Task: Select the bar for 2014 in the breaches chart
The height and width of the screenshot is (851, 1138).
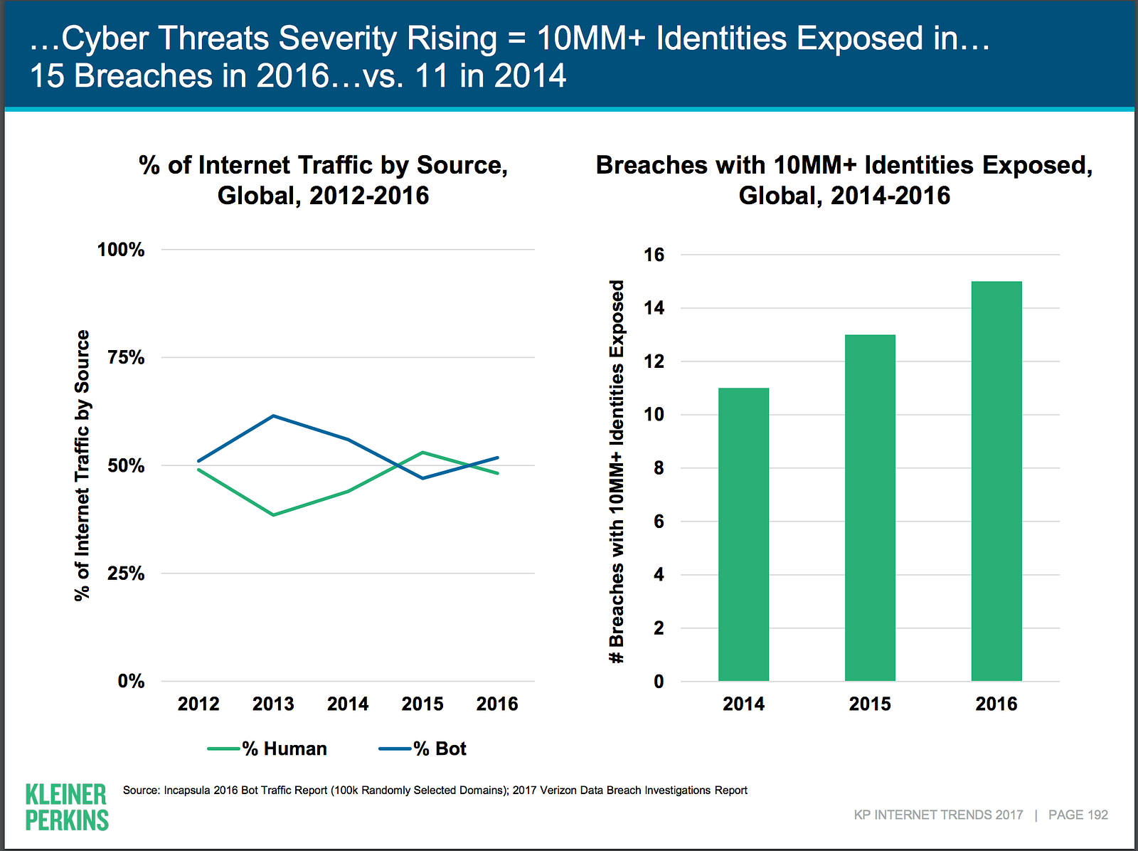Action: [x=743, y=534]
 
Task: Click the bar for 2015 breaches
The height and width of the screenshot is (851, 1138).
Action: [x=870, y=508]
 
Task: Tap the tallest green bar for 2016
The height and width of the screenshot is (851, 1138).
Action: [x=996, y=481]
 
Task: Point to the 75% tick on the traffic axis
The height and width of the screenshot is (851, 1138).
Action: [x=126, y=357]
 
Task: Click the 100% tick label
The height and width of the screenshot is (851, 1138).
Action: [x=120, y=250]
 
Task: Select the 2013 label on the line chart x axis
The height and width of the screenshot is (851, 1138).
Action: [x=273, y=704]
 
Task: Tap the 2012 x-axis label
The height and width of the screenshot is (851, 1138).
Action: [x=198, y=704]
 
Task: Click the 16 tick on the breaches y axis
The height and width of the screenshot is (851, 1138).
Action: [x=654, y=255]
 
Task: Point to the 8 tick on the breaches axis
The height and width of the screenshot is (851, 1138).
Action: [x=659, y=468]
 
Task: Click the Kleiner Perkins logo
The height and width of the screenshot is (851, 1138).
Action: [x=66, y=807]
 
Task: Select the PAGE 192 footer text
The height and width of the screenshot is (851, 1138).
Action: [x=1078, y=815]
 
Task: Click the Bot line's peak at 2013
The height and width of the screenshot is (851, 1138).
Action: [x=273, y=416]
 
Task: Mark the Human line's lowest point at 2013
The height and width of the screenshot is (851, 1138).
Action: [x=273, y=514]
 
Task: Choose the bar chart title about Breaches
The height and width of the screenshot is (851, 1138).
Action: [x=844, y=180]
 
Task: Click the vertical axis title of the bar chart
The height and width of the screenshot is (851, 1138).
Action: [x=617, y=471]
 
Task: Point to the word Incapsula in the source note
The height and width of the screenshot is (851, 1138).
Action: [x=186, y=790]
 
